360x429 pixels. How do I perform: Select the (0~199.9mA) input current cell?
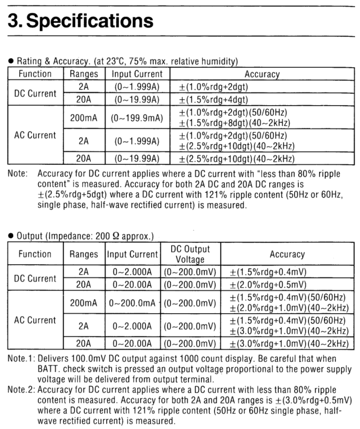click(x=137, y=119)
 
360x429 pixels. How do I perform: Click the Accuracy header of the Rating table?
click(x=262, y=74)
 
